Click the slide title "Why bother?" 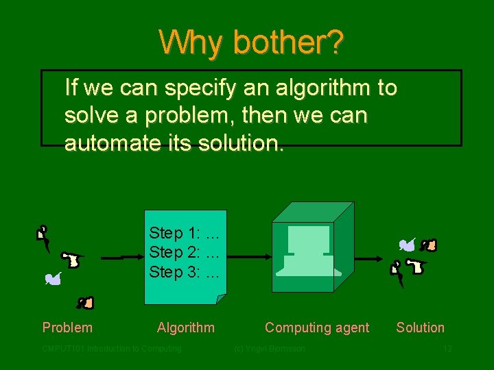point(251,42)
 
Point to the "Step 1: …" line point(184,233)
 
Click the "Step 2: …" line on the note point(184,252)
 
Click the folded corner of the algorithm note point(220,299)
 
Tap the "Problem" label point(67,328)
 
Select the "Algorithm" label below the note point(185,328)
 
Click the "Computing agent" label point(317,328)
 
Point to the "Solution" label point(420,328)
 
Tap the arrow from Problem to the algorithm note point(122,258)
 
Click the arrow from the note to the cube point(248,257)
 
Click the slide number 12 point(447,349)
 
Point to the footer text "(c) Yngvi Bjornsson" point(270,349)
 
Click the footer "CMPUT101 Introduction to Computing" point(112,349)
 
